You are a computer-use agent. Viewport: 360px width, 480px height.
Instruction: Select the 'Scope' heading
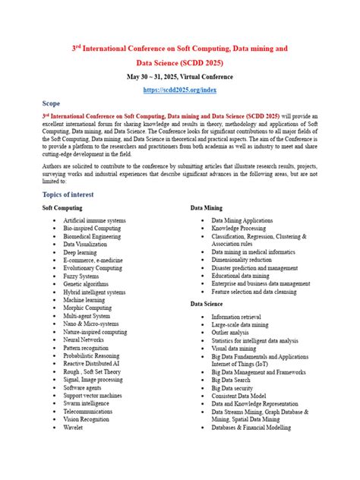[52, 103]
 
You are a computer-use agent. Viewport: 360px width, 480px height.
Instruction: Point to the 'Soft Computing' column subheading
[62, 207]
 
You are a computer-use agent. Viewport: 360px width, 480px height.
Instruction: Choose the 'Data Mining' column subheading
[207, 207]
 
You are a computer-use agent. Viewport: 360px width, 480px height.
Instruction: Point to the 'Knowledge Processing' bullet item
[238, 228]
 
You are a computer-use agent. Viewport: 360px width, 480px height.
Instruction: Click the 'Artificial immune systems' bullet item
[95, 220]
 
